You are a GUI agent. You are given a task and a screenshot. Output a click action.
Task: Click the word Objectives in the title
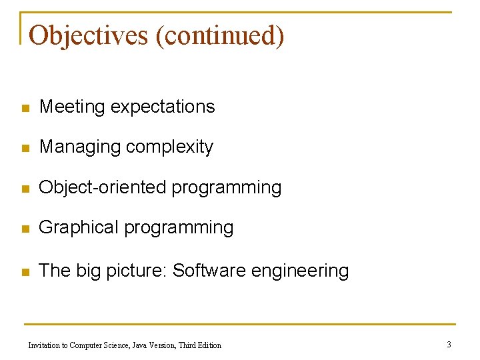click(x=89, y=35)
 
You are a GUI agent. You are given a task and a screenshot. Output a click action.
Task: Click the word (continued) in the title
click(x=219, y=35)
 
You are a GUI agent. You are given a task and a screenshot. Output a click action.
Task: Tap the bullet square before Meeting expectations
click(x=25, y=108)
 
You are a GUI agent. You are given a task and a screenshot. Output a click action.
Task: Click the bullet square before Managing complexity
click(x=25, y=148)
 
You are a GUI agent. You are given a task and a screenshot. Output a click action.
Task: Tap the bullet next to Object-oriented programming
click(x=25, y=189)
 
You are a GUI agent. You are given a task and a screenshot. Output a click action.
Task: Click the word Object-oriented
click(x=103, y=187)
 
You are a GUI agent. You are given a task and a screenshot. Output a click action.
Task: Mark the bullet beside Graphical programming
click(x=25, y=229)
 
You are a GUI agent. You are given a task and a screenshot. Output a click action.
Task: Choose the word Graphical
click(x=79, y=227)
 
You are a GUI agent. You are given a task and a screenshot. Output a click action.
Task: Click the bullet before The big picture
click(x=25, y=272)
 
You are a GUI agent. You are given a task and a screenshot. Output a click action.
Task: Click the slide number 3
click(x=449, y=344)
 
